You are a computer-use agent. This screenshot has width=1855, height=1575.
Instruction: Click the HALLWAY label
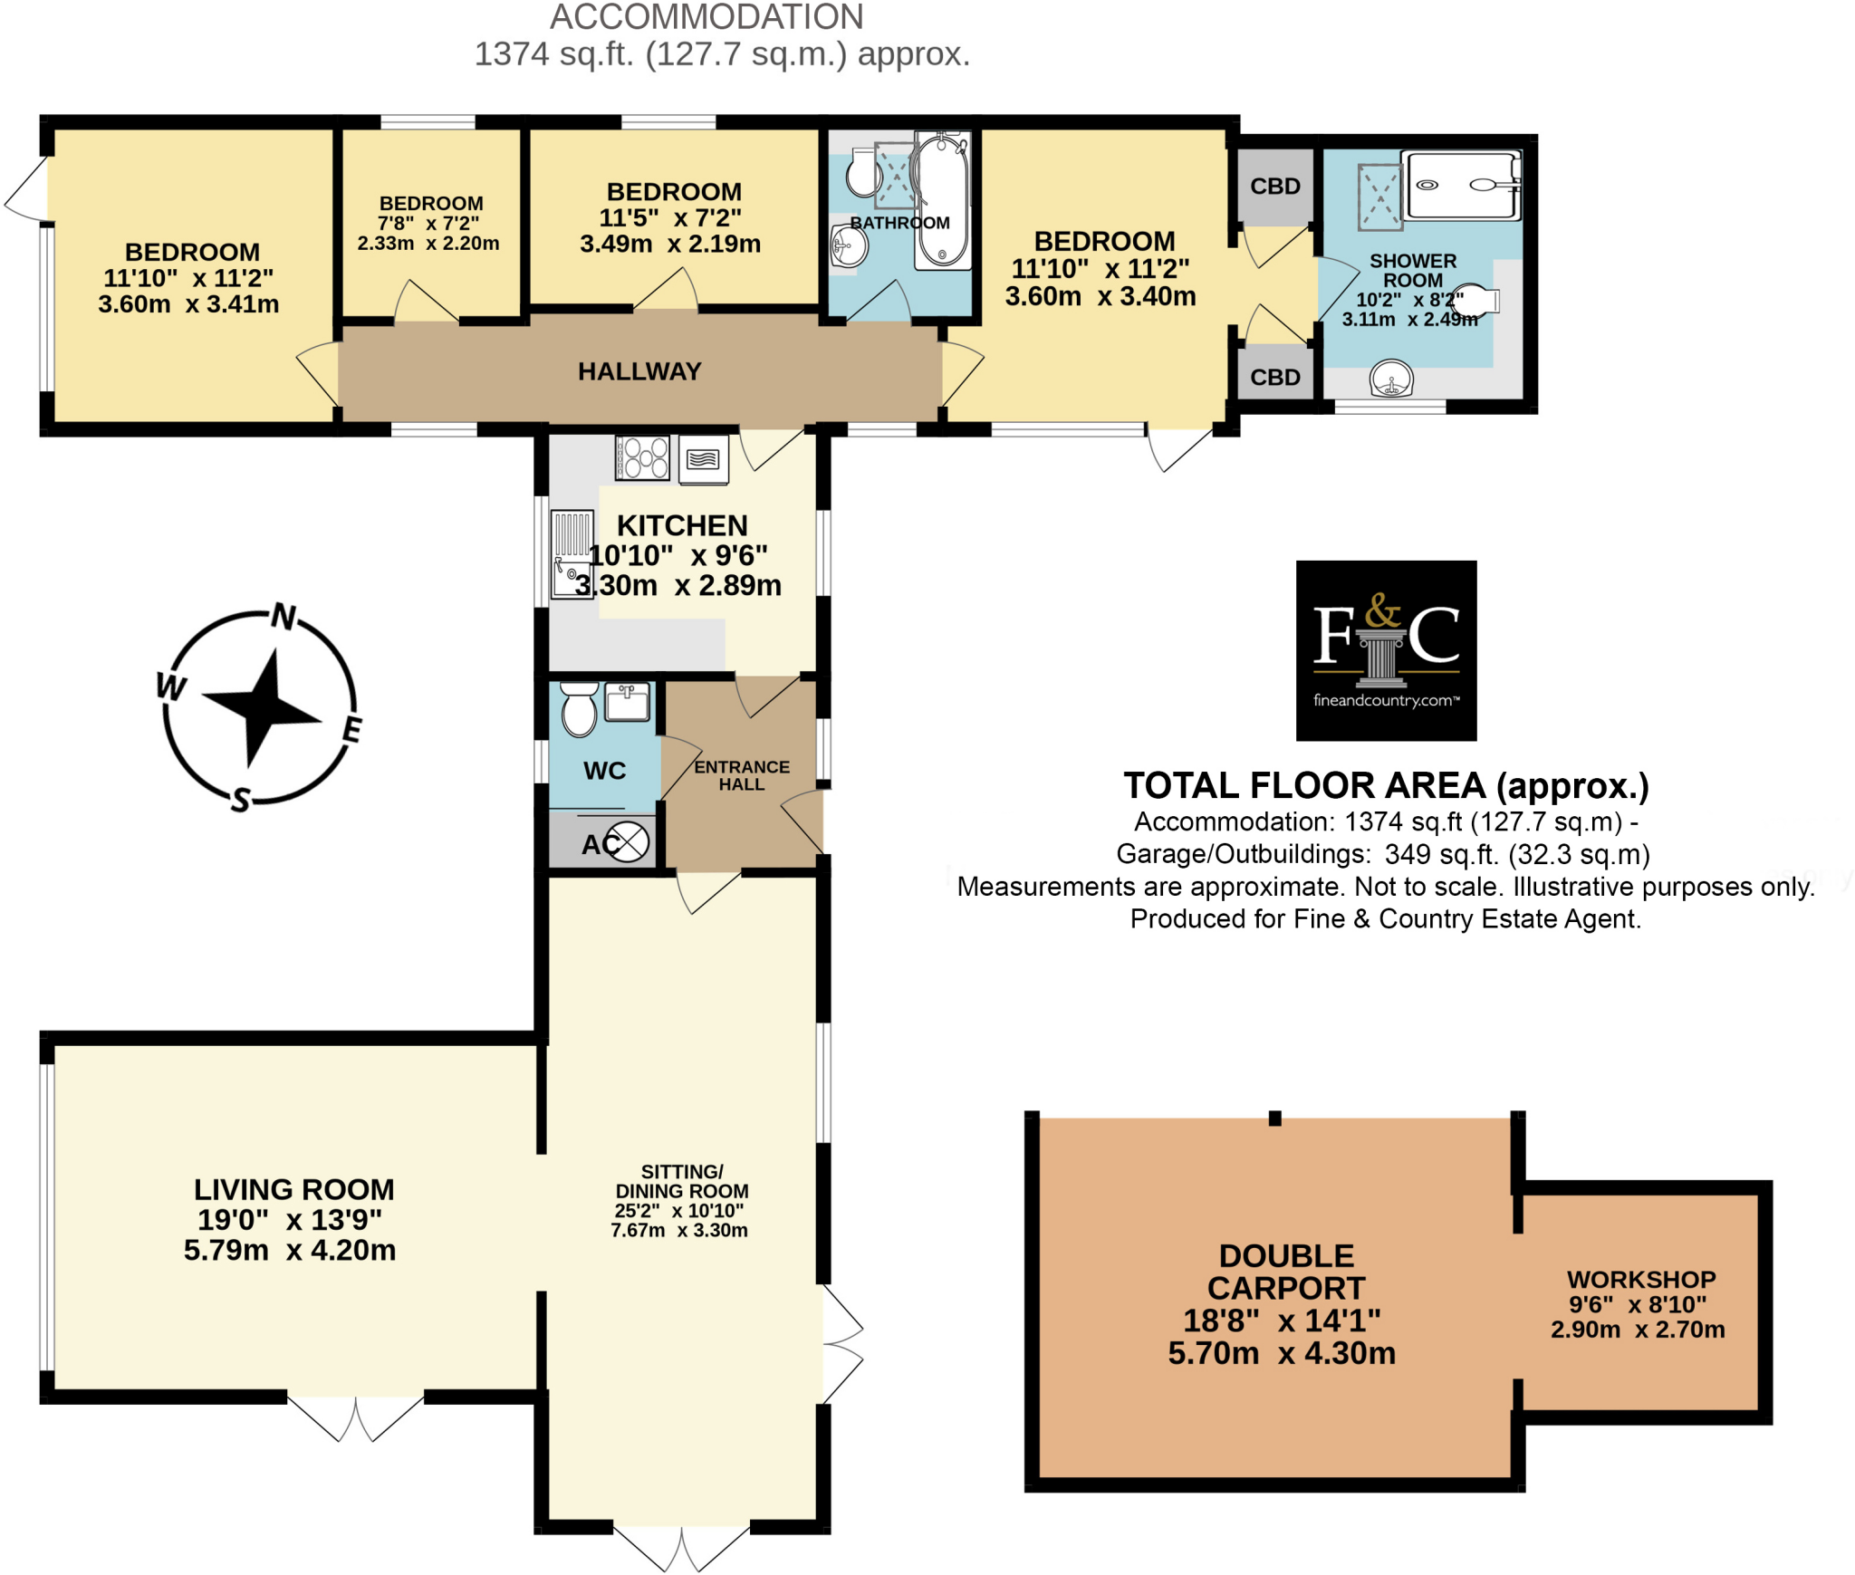click(x=639, y=371)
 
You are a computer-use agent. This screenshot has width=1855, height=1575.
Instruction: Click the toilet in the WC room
click(x=580, y=709)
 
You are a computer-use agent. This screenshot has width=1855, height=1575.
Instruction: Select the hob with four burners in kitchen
click(x=642, y=457)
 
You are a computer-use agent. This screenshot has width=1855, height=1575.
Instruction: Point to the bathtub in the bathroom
click(x=942, y=201)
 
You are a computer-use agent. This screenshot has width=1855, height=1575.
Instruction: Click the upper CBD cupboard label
click(x=1274, y=187)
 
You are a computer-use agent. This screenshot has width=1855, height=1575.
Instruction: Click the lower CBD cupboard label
click(x=1274, y=378)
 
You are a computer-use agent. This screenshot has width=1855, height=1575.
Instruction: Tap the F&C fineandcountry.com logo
click(x=1385, y=650)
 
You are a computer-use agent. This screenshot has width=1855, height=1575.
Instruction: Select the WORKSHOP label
click(x=1640, y=1280)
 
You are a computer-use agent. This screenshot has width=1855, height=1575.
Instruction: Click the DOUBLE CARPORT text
click(x=1285, y=1272)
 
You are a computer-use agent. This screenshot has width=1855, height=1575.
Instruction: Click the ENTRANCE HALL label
click(x=741, y=775)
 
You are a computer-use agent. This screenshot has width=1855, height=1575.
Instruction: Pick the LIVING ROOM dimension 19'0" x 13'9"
click(x=290, y=1220)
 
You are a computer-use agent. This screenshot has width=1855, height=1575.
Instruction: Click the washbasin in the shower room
click(x=1390, y=379)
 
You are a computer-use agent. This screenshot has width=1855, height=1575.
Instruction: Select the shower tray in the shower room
click(x=1461, y=186)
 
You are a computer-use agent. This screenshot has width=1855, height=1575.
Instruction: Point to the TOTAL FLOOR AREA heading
click(x=1385, y=786)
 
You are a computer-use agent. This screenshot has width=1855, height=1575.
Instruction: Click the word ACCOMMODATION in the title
click(x=706, y=16)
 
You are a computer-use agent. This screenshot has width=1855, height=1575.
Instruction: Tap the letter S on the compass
click(x=240, y=800)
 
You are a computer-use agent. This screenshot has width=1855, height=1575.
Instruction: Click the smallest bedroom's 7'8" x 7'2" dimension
click(x=428, y=223)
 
